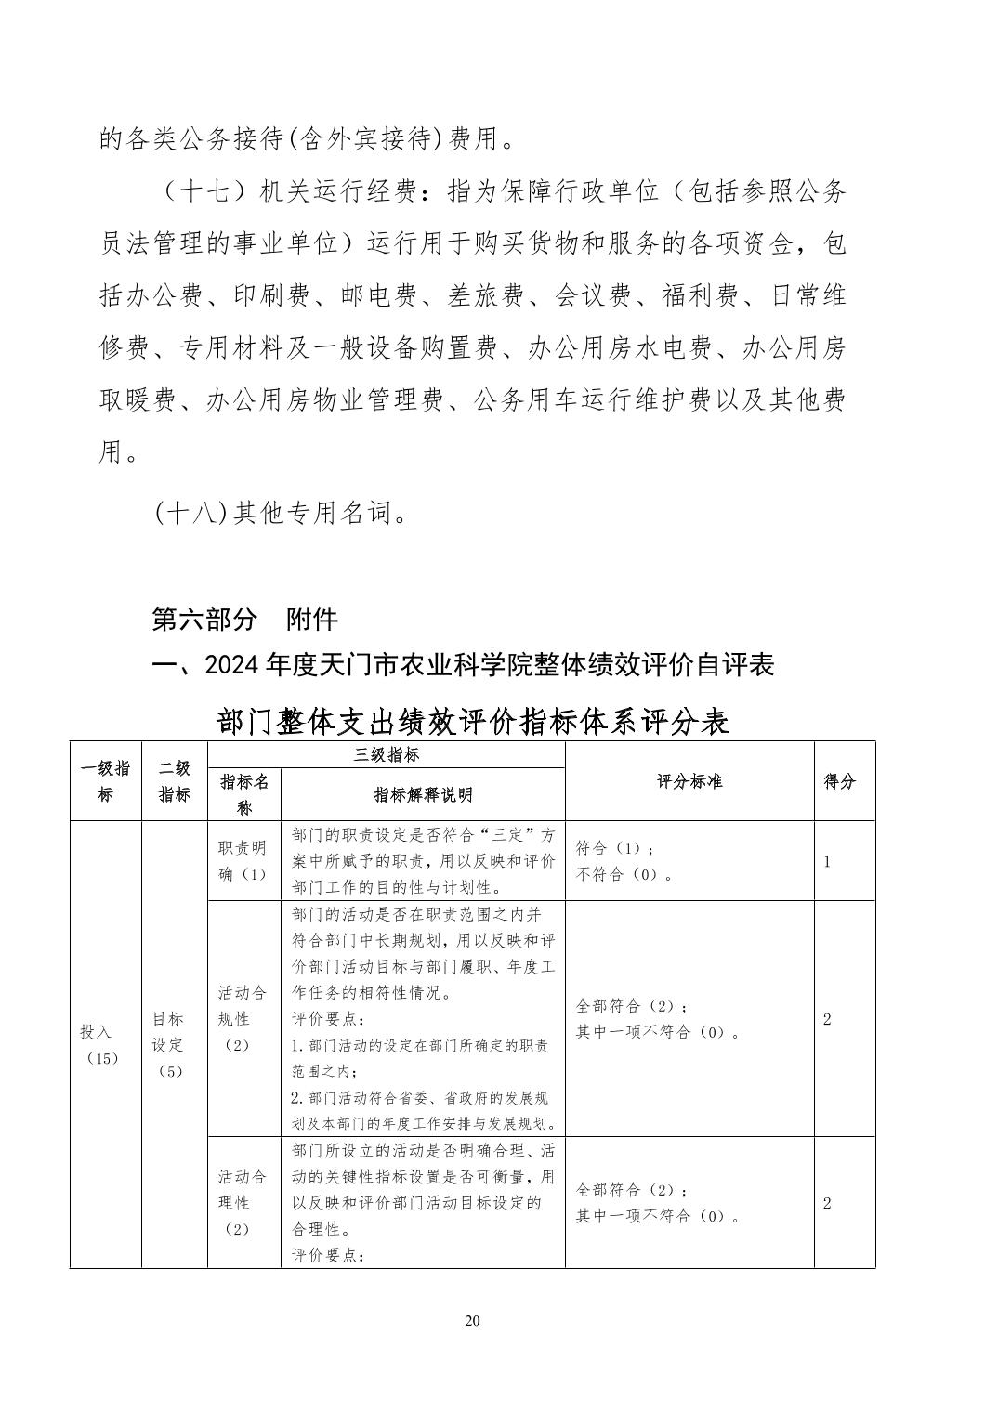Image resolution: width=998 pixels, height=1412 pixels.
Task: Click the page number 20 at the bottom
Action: [x=472, y=1321]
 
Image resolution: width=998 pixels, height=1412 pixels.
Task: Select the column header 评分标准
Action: [x=689, y=781]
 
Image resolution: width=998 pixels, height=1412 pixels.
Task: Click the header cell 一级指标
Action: [x=105, y=781]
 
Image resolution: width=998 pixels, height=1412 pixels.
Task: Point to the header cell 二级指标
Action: [x=174, y=781]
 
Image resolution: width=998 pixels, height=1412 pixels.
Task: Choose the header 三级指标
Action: [x=386, y=754]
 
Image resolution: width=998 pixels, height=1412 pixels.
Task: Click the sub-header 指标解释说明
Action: [x=423, y=794]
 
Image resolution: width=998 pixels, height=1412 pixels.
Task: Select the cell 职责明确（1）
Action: [x=243, y=861]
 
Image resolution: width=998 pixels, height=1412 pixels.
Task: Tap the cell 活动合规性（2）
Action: [x=243, y=1018]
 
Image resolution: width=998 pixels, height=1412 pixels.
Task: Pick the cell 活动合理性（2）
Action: [x=243, y=1202]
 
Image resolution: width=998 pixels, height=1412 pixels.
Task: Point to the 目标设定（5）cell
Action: [x=169, y=1044]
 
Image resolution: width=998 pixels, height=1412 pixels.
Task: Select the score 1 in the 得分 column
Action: [x=827, y=861]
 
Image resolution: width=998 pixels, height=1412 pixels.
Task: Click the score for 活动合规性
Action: [x=827, y=1019]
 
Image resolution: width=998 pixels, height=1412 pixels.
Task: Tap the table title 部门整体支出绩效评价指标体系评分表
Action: [x=472, y=721]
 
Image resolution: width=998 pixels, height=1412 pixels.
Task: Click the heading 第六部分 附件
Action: [x=245, y=619]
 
